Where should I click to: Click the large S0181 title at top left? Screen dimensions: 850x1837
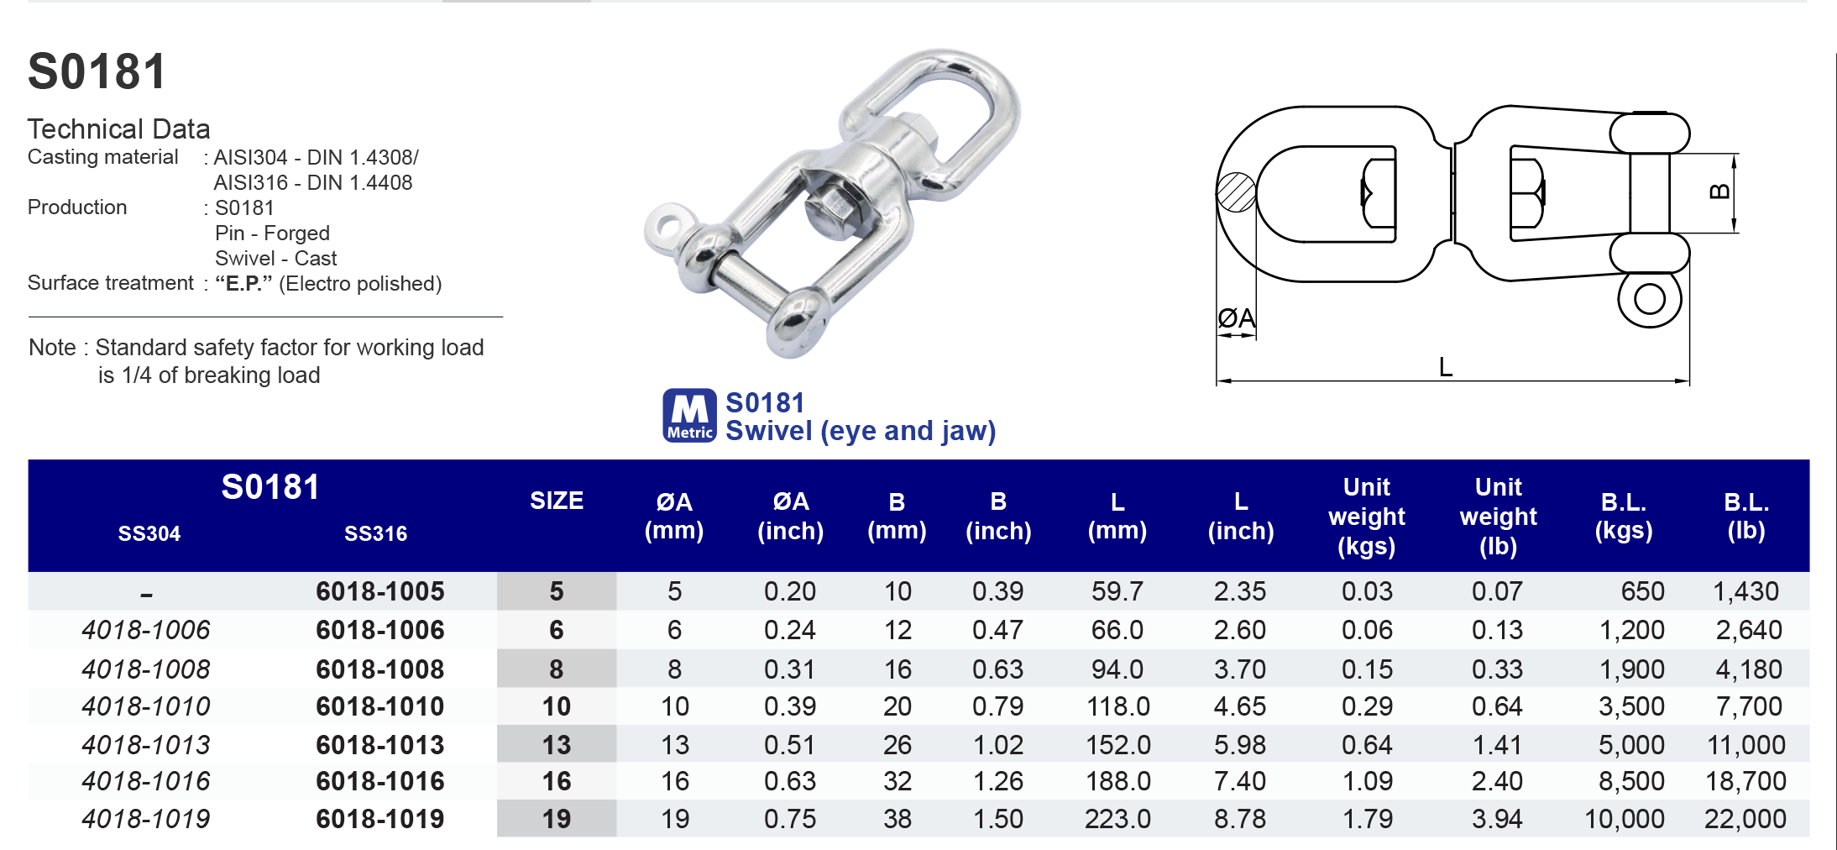[97, 71]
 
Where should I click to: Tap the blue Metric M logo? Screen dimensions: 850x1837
[689, 415]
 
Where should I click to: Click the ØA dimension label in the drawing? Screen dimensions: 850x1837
[1236, 318]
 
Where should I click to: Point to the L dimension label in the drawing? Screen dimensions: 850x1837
[1445, 367]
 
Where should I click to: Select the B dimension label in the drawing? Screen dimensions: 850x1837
[1719, 192]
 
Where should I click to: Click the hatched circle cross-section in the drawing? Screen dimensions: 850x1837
[1236, 192]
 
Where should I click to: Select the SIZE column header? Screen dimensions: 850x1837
[556, 501]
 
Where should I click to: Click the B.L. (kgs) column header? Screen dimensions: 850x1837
[1623, 516]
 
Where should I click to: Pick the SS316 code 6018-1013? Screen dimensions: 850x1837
[379, 744]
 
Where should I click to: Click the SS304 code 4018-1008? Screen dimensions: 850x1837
[145, 669]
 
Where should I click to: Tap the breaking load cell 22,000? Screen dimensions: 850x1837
[1745, 818]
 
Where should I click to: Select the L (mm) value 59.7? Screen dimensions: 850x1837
[1117, 591]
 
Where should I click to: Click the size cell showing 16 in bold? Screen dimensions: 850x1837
[556, 781]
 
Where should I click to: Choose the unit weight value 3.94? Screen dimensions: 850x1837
[1497, 818]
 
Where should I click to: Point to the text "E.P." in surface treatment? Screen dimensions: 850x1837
[243, 283]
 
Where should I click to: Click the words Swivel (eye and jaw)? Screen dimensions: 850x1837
[860, 431]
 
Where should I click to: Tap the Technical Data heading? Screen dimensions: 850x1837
[118, 129]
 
